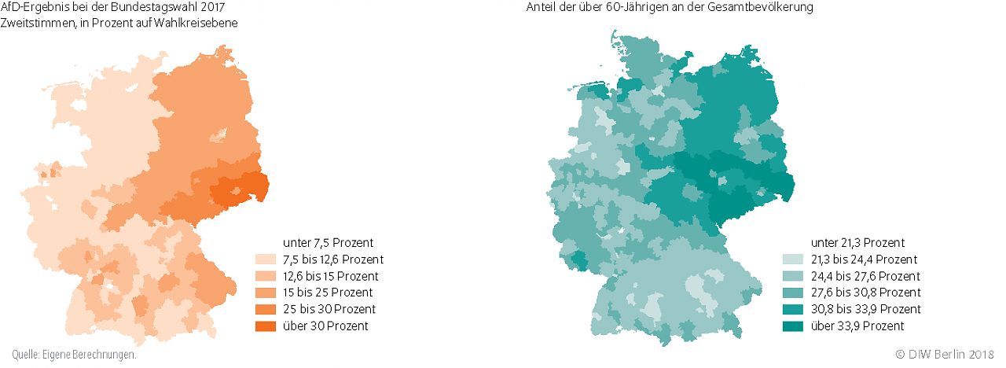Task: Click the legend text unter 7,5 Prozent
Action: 328,242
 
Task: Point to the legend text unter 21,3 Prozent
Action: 857,242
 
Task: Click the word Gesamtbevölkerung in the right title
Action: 769,7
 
